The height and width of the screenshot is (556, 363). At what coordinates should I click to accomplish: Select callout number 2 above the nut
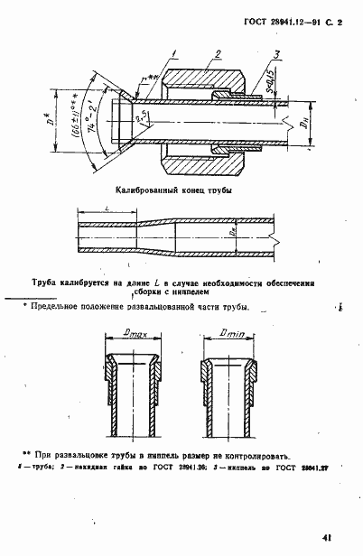[x=216, y=54]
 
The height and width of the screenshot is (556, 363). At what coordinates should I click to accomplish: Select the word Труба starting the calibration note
[x=46, y=282]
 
